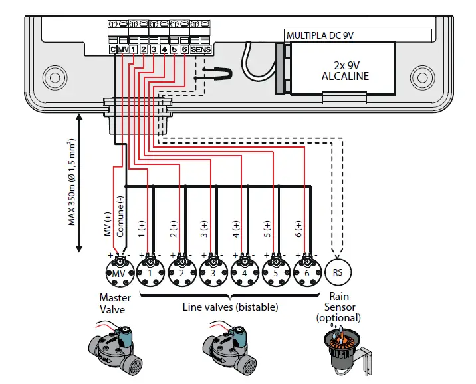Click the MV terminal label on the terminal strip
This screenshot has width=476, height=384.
point(123,49)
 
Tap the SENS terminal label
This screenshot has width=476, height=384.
point(200,49)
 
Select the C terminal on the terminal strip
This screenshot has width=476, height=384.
point(113,49)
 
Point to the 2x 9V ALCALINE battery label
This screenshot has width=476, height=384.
point(345,71)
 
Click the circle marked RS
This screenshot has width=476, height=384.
point(338,273)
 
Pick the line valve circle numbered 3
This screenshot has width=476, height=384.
point(212,273)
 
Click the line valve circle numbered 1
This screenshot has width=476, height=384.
point(150,273)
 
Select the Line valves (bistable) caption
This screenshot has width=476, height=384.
point(230,307)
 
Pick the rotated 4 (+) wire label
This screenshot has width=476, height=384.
point(235,229)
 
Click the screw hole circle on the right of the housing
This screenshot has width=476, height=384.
point(420,72)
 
